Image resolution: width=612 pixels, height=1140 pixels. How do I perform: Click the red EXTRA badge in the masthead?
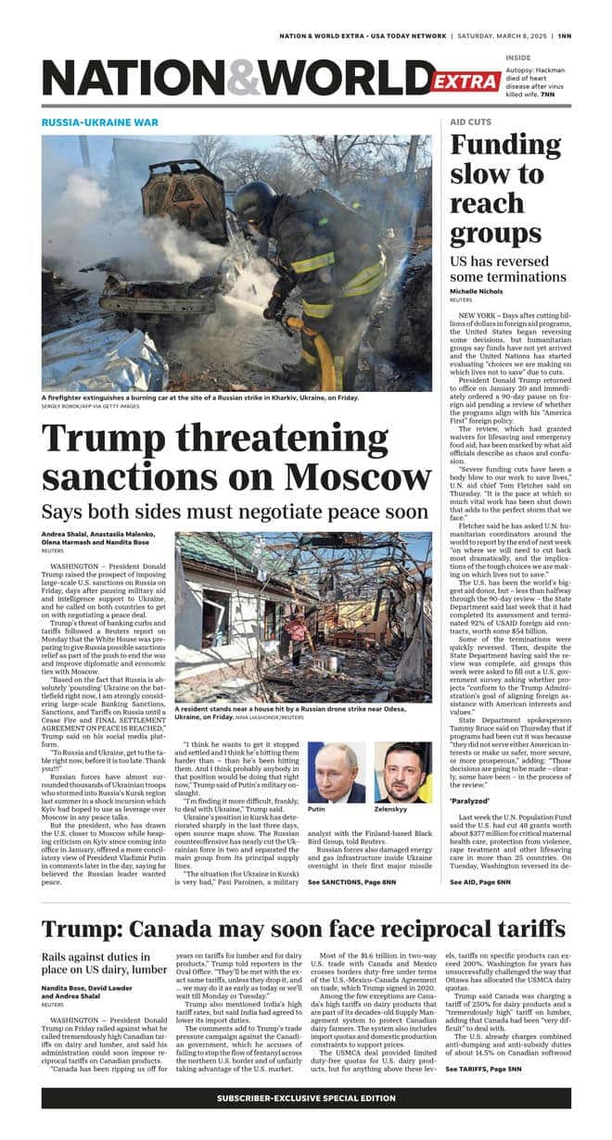(465, 82)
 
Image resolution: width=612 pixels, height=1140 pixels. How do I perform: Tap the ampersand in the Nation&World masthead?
(244, 78)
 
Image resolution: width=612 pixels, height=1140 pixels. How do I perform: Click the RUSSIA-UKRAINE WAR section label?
(100, 122)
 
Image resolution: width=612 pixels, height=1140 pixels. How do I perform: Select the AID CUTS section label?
(470, 122)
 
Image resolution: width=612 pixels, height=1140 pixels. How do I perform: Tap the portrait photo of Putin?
(335, 771)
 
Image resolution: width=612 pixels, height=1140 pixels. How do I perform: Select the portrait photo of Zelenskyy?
(402, 771)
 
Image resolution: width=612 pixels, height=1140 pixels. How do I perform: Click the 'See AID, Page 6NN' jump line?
(480, 881)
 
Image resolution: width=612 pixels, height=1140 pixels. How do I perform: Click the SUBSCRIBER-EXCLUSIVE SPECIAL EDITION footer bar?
(306, 1097)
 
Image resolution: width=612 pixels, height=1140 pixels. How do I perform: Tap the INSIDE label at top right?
(518, 57)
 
